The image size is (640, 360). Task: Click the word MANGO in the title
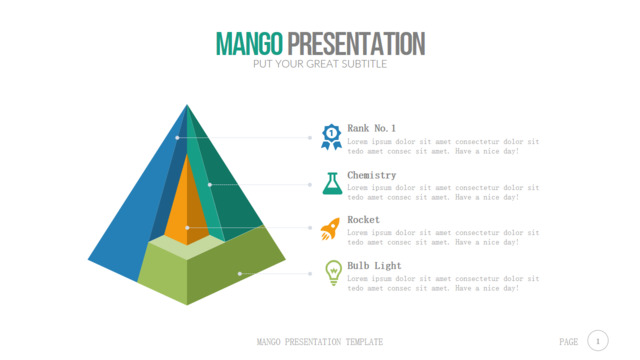[x=249, y=44]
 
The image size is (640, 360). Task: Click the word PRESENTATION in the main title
[x=356, y=44]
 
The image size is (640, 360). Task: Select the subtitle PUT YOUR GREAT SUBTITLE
[x=320, y=64]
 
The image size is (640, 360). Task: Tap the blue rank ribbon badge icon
[x=331, y=137]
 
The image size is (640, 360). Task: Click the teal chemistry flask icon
[x=332, y=183]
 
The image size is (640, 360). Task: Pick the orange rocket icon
[x=330, y=229]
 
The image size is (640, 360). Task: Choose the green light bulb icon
[x=333, y=273]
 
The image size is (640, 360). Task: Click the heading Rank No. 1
[x=371, y=129]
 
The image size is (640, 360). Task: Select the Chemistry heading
[x=372, y=176]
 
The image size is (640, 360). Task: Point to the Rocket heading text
[x=363, y=220]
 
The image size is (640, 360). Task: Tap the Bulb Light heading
[x=374, y=266]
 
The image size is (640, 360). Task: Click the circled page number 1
[x=598, y=341]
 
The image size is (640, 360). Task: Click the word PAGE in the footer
[x=569, y=342]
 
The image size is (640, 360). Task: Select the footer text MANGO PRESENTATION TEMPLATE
[x=320, y=342]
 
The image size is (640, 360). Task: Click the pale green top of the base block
[x=187, y=247]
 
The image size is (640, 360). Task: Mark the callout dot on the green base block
[x=240, y=273]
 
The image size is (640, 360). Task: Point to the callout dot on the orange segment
[x=187, y=227]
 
